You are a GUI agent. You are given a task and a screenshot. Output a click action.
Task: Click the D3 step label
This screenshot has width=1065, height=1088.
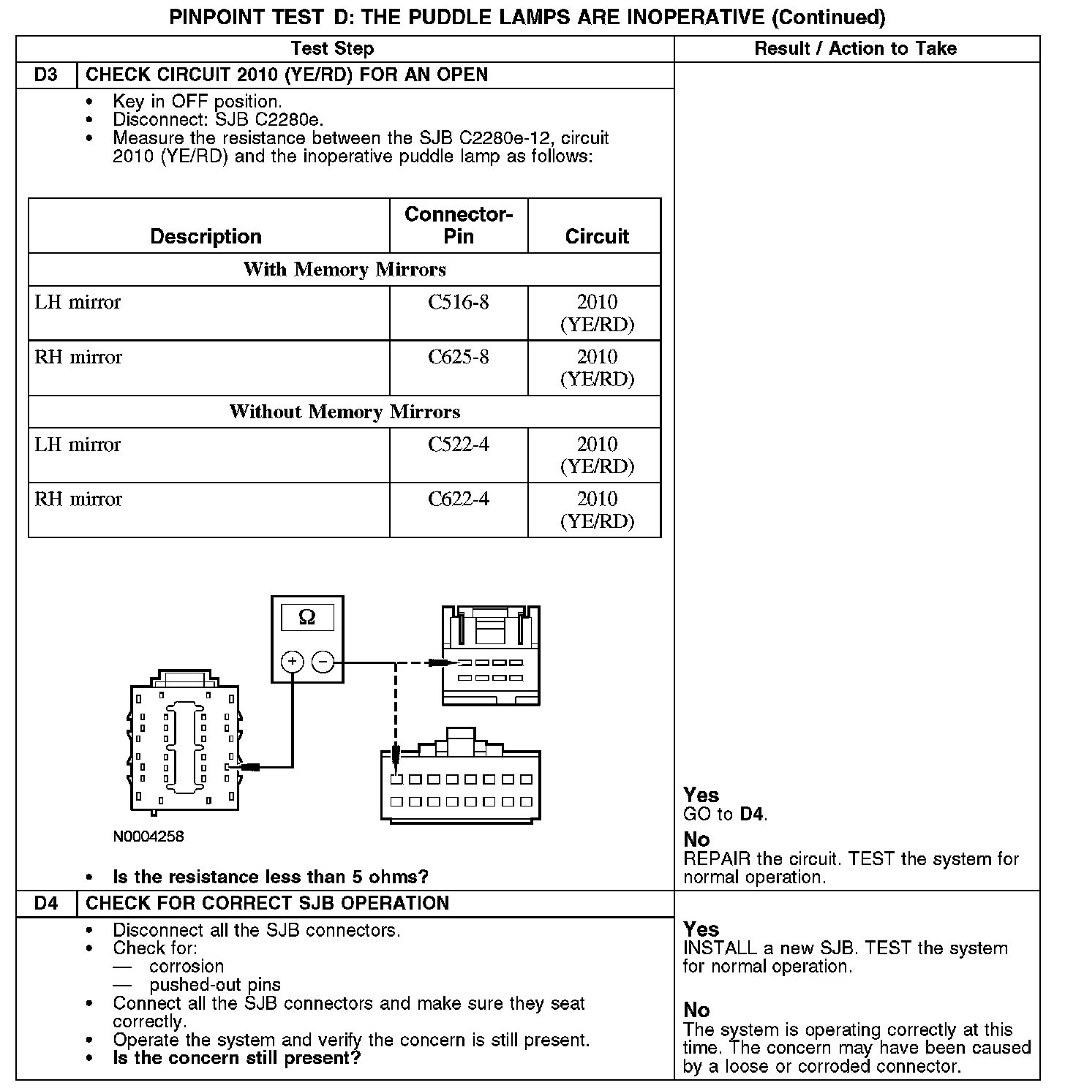45,75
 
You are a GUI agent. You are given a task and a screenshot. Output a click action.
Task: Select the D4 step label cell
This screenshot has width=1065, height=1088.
45,903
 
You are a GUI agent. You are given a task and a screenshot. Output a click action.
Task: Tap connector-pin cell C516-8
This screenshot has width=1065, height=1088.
459,302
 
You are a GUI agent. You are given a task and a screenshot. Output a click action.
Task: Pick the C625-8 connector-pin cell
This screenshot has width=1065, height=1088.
459,357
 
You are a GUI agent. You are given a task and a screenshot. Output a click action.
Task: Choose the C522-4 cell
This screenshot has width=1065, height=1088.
459,444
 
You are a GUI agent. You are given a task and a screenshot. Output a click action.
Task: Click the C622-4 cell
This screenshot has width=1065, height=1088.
459,499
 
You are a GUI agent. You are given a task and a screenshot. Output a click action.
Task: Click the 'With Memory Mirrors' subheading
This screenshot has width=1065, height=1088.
345,269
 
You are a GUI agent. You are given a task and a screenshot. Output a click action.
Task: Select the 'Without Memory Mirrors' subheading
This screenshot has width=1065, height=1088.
345,412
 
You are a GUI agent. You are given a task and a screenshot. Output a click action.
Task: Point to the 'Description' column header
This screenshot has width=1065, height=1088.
206,236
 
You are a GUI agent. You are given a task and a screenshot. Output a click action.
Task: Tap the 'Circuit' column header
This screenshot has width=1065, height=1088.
597,236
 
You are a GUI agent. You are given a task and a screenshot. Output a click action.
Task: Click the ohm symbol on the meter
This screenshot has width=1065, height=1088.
307,617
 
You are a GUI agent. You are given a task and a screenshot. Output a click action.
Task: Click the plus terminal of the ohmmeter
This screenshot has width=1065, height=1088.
292,662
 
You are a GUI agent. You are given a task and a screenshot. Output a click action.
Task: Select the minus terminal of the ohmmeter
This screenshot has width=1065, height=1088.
323,662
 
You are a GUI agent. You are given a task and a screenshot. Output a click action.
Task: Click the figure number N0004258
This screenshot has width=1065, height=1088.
148,836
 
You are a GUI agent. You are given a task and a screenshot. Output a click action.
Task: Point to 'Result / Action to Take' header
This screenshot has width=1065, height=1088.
856,49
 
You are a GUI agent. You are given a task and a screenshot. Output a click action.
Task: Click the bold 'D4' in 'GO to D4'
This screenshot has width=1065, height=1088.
753,814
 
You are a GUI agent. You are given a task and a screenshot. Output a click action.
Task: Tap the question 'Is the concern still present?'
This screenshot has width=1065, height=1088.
237,1058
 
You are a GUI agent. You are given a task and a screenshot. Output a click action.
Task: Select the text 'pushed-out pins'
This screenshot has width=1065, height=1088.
215,985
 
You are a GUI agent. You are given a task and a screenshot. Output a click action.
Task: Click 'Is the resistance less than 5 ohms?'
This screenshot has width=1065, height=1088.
271,877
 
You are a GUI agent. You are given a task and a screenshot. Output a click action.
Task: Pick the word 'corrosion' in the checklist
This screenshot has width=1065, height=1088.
187,967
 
